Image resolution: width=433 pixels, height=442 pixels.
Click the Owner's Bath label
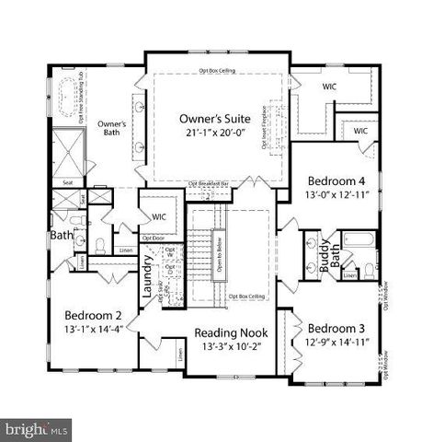(x=112, y=126)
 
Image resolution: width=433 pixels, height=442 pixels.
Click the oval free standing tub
(x=68, y=96)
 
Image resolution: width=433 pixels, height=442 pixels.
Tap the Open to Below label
(x=218, y=252)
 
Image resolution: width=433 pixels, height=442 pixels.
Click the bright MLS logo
(x=37, y=428)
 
